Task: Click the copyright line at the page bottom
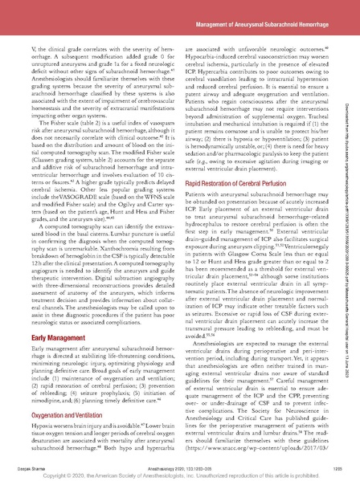coord(180,473)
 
